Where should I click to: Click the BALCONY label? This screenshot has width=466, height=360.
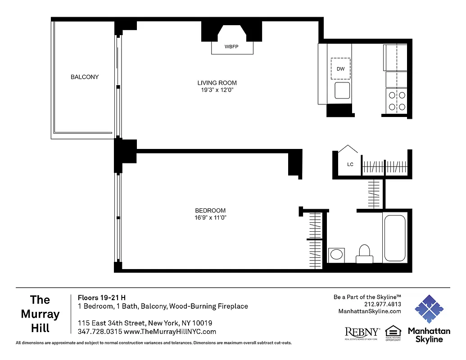85,77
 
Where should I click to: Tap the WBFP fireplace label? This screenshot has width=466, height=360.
232,47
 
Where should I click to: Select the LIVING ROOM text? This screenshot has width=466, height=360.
217,83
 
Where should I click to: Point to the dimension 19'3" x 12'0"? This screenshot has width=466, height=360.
217,90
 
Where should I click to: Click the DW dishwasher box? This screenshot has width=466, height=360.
341,69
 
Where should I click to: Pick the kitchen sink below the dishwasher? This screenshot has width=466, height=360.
342,90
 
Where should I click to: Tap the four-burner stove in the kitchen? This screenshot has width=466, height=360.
396,101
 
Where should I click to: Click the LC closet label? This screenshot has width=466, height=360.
350,165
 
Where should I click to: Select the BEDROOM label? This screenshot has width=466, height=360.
210,211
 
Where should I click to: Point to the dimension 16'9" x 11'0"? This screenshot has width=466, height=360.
210,218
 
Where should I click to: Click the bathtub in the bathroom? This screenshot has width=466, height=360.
395,238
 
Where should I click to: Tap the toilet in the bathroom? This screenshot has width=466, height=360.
364,254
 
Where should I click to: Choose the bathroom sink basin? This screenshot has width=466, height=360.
336,255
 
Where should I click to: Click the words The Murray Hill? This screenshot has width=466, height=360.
40,314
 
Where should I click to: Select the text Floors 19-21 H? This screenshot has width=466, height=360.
102,297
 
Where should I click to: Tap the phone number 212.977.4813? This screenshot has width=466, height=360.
383,304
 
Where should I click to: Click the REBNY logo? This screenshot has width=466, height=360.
362,333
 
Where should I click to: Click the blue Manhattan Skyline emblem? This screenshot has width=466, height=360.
429,310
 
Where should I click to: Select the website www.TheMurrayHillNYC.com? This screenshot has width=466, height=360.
170,332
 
